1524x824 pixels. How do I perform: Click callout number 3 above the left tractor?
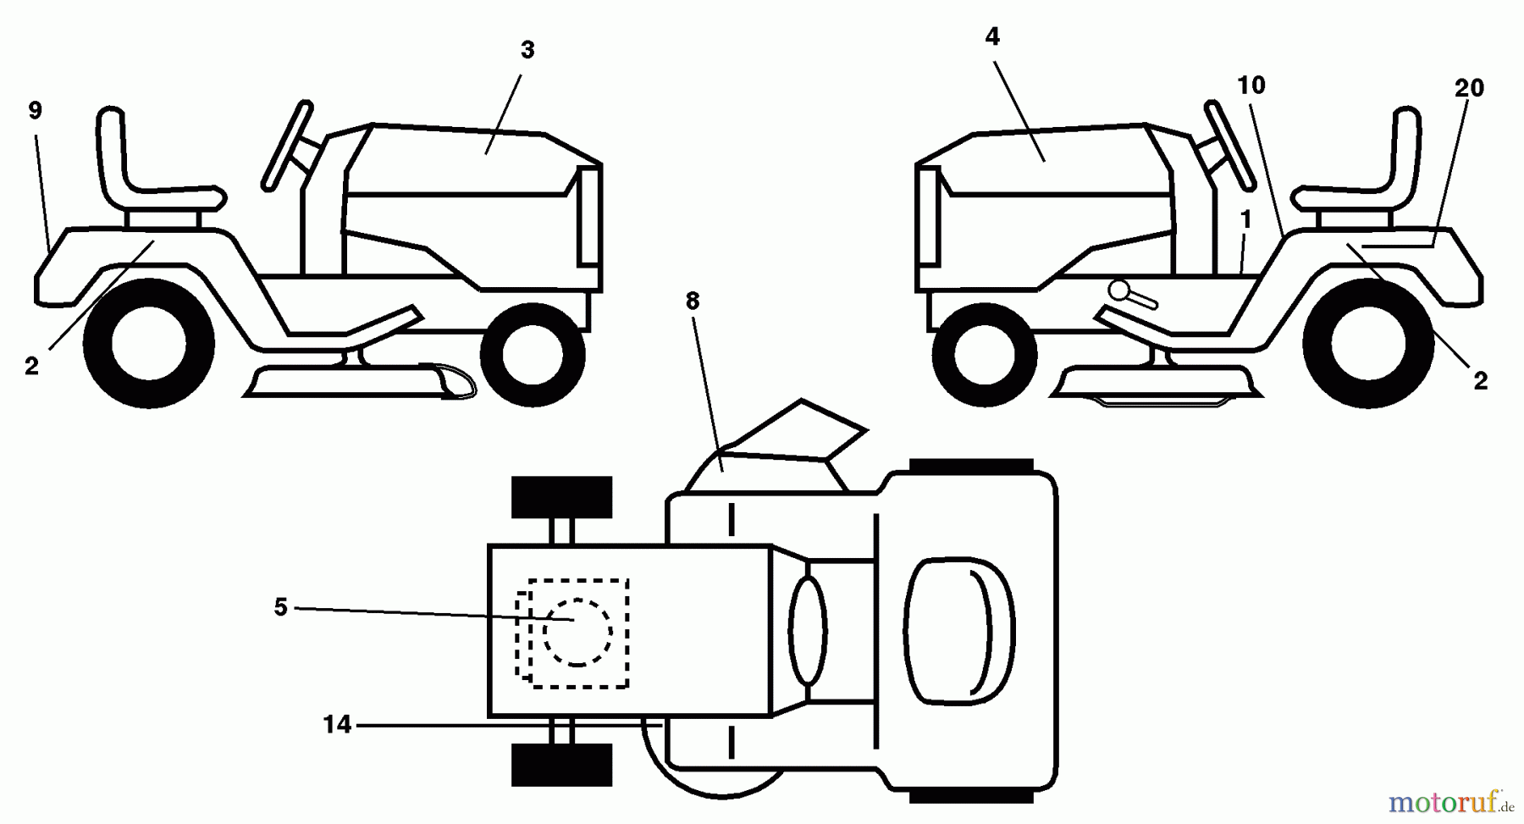pyautogui.click(x=527, y=51)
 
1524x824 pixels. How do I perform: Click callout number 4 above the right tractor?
pyautogui.click(x=992, y=36)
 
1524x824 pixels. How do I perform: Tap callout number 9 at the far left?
pyautogui.click(x=35, y=111)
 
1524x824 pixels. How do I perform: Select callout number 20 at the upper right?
pyautogui.click(x=1469, y=88)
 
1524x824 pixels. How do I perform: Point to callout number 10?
pyautogui.click(x=1251, y=86)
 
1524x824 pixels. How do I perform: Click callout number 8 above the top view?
pyautogui.click(x=693, y=301)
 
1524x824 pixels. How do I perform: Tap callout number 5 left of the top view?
pyautogui.click(x=281, y=607)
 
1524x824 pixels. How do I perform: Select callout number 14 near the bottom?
pyautogui.click(x=337, y=725)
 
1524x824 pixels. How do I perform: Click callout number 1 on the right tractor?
pyautogui.click(x=1245, y=219)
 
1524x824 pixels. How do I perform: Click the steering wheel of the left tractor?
pyautogui.click(x=288, y=145)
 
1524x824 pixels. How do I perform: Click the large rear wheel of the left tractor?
pyautogui.click(x=149, y=344)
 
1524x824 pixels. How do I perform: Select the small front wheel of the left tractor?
pyautogui.click(x=532, y=351)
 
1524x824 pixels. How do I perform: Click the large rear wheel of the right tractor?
pyautogui.click(x=1367, y=344)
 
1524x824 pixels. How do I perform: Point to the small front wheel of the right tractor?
pyautogui.click(x=984, y=351)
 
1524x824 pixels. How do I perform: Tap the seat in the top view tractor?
pyautogui.click(x=959, y=631)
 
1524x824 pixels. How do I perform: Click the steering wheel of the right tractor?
pyautogui.click(x=1229, y=145)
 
